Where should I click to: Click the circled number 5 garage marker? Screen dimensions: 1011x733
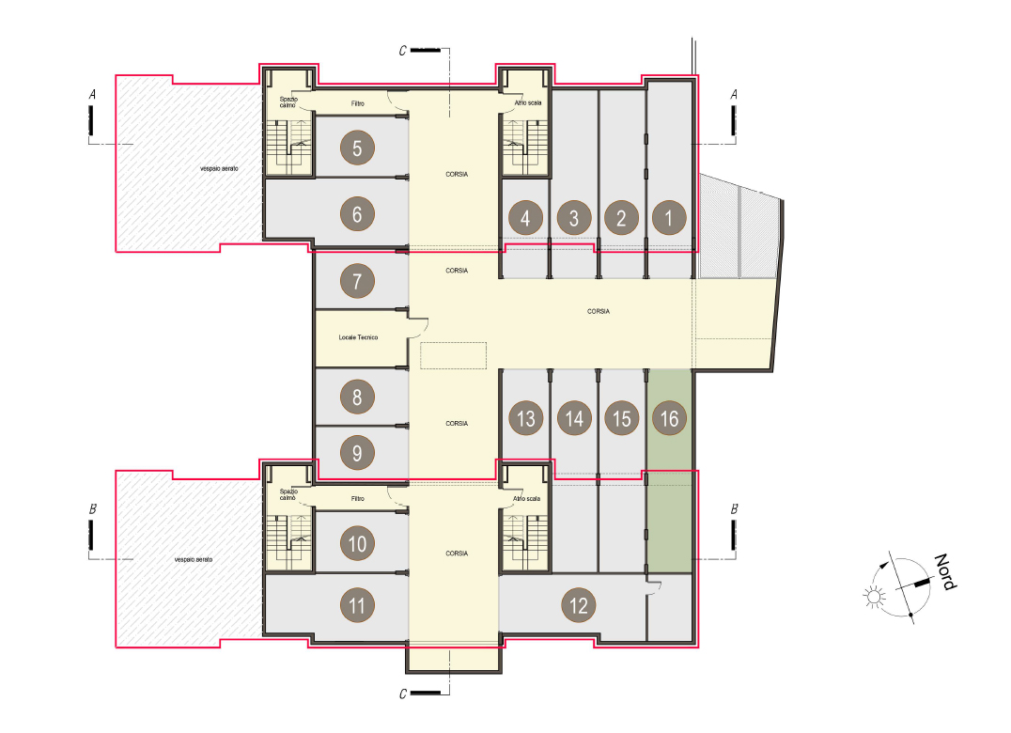(x=357, y=148)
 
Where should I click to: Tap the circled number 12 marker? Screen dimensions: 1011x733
(x=579, y=605)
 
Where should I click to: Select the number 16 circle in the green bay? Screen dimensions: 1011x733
(x=669, y=418)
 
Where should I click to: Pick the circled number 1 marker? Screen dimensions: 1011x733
(x=669, y=217)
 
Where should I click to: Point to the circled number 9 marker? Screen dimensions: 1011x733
(x=357, y=453)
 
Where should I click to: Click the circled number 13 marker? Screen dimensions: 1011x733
(x=526, y=418)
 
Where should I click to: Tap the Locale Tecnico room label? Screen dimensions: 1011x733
(x=359, y=337)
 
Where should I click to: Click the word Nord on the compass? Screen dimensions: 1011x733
(x=946, y=571)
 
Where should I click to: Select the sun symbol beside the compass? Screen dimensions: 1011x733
(x=874, y=597)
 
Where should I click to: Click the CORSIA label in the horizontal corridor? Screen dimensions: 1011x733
(x=599, y=311)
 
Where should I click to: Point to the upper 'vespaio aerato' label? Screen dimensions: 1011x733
(x=219, y=169)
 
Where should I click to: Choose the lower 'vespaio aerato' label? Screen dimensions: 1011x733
(x=194, y=559)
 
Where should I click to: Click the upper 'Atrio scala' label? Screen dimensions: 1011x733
(x=528, y=103)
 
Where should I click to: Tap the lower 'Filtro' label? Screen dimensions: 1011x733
(x=358, y=498)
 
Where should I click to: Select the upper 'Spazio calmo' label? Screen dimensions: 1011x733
(x=288, y=101)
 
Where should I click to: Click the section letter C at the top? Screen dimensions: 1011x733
(x=403, y=51)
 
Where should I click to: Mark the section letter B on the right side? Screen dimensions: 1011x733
(x=734, y=509)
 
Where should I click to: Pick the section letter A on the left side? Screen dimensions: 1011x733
(x=92, y=95)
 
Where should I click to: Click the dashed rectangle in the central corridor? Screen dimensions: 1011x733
(x=453, y=356)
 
